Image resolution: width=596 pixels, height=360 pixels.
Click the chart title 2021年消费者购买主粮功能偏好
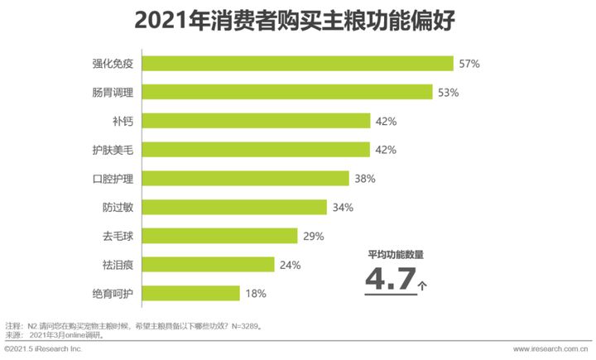[x=298, y=18]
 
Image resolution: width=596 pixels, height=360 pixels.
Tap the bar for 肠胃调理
[x=277, y=92]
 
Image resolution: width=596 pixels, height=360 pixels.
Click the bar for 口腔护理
[x=235, y=178]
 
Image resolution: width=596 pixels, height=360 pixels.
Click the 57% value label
[x=469, y=64]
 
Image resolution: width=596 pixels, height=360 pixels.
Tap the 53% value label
[x=449, y=92]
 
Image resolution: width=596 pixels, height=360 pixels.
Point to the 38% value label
[x=364, y=179]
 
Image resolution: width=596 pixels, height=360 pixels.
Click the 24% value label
[x=290, y=265]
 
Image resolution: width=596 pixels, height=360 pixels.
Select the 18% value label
[x=255, y=294]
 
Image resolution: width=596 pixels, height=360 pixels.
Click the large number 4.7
[x=390, y=279]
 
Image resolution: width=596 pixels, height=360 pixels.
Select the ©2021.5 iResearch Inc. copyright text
[x=43, y=350]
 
